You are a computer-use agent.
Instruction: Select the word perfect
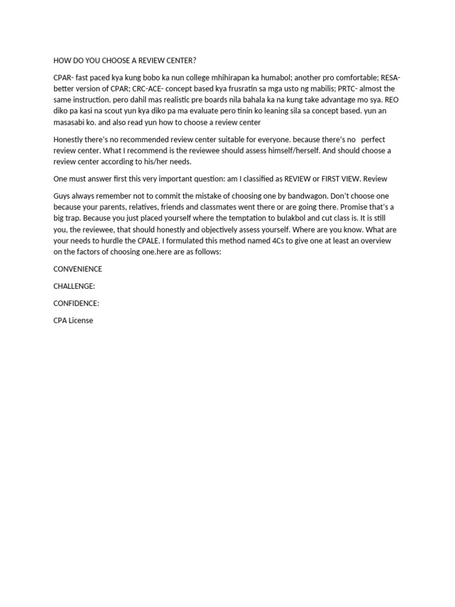pos(373,139)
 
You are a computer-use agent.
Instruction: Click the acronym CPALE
pos(148,241)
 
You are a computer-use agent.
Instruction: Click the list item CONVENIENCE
pos(78,269)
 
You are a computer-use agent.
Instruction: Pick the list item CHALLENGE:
pos(74,286)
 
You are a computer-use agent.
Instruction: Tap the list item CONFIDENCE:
pos(76,303)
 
